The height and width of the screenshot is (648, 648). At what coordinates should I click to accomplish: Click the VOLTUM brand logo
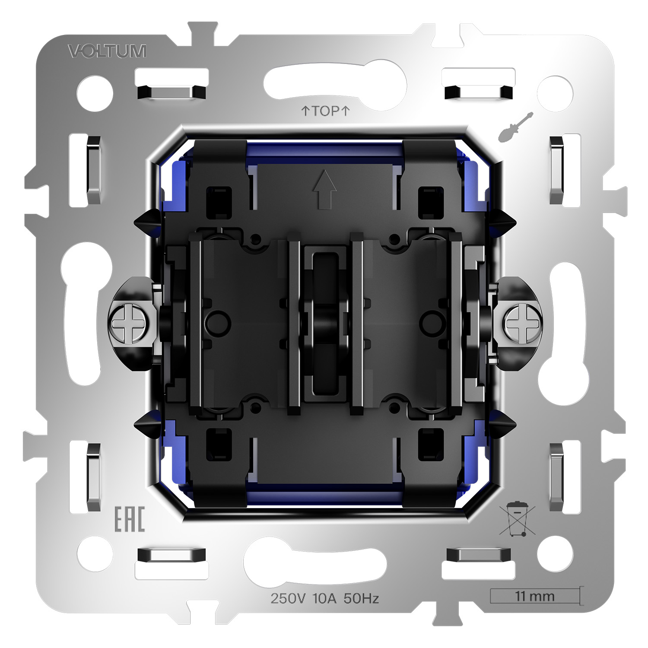[107, 51]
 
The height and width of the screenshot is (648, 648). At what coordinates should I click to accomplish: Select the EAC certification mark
[129, 520]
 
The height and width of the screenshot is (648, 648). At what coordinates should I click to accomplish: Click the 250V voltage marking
[288, 598]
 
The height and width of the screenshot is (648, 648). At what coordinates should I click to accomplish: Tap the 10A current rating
[324, 598]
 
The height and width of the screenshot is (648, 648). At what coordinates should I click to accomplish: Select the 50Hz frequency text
[361, 598]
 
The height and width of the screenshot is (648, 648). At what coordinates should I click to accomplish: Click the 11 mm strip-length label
[534, 597]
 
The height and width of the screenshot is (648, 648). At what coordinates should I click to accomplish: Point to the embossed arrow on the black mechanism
[325, 189]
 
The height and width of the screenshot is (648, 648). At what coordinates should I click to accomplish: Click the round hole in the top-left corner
[95, 93]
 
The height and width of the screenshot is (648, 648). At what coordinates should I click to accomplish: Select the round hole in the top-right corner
[555, 93]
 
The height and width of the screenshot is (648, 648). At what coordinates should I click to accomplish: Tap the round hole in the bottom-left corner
[95, 554]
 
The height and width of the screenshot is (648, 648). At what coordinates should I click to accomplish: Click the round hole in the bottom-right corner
[555, 554]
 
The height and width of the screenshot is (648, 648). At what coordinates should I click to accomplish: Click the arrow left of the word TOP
[305, 111]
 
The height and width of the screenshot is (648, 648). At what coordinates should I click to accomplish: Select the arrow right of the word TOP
[345, 111]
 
